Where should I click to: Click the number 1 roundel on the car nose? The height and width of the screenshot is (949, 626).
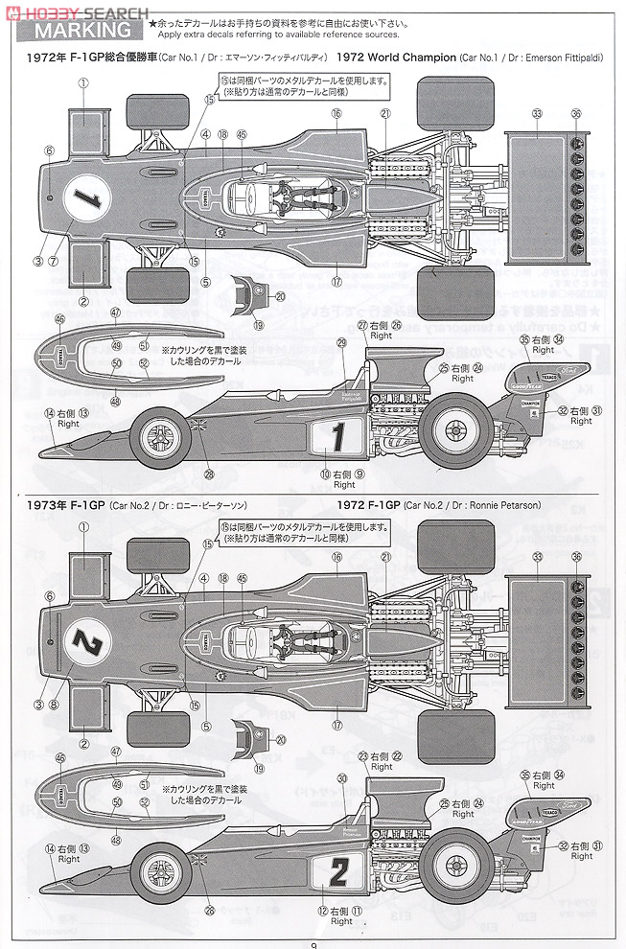coord(87,198)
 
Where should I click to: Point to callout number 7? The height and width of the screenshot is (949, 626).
coord(55,261)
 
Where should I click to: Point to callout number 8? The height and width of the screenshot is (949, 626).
coord(55,706)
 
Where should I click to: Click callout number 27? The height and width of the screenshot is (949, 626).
coord(362,327)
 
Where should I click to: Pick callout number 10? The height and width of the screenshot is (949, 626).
coord(325,474)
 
